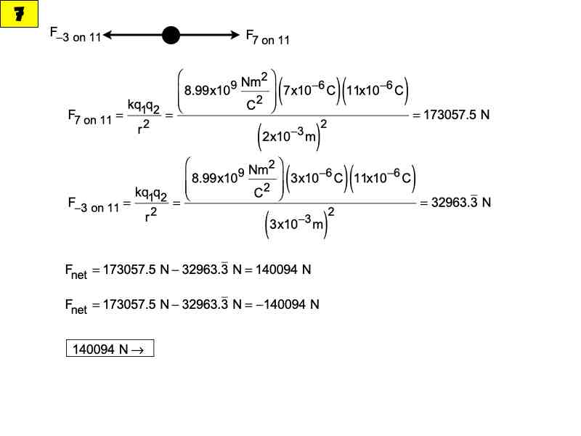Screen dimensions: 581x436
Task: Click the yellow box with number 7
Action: (19, 14)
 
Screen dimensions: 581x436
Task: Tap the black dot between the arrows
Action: (171, 35)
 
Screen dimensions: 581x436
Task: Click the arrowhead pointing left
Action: (107, 35)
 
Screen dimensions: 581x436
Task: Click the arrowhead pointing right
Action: (235, 35)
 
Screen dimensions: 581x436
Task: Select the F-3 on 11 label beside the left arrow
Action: (76, 34)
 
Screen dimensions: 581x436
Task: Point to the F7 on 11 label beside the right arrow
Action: (267, 37)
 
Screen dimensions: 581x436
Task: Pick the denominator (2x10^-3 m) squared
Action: (292, 135)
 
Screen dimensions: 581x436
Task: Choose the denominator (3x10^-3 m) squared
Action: (299, 222)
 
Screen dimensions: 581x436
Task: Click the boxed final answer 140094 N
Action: (110, 348)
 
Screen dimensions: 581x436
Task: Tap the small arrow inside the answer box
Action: (138, 350)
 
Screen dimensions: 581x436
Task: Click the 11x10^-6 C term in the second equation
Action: (383, 177)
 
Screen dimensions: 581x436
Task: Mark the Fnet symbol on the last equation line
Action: (76, 306)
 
